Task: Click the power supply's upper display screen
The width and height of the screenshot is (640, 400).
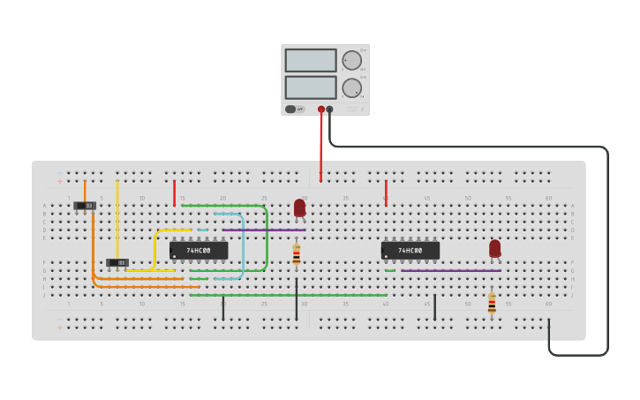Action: pos(310,60)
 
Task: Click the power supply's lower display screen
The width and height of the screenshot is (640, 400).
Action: pos(310,87)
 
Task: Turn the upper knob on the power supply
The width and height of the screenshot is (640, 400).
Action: pos(351,60)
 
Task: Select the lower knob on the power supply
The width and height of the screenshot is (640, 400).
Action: pos(351,87)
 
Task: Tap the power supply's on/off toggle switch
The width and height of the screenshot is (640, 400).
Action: pos(290,109)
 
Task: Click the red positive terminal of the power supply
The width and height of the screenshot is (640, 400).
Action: pos(321,109)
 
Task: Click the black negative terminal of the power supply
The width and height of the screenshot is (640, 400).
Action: pos(330,109)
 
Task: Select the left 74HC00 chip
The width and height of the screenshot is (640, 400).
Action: pos(199,251)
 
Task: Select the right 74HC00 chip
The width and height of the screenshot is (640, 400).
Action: pos(410,251)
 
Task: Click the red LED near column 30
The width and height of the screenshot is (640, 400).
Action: pos(299,208)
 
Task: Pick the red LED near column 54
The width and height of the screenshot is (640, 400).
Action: pos(495,248)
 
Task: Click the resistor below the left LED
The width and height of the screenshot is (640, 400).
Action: pos(297,255)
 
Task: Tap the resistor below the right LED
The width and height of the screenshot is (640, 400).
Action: pos(492,304)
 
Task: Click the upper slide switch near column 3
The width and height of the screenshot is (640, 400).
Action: pos(85,206)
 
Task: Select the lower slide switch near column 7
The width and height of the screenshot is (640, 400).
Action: pos(117,262)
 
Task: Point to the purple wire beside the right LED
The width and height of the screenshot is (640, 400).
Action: pos(450,270)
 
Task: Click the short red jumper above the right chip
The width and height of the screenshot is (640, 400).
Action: pos(386,192)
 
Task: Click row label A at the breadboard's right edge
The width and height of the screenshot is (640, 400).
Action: pos(572,206)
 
